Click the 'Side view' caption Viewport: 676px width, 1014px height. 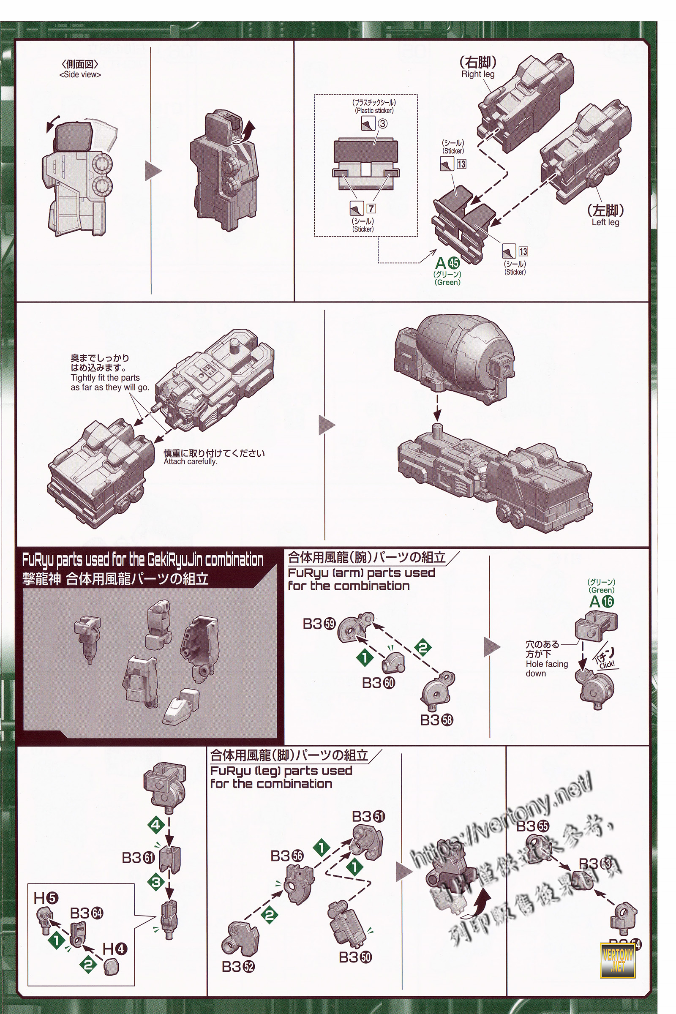point(80,75)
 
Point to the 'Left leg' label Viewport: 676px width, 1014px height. point(605,223)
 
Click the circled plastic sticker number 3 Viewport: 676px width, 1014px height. point(382,124)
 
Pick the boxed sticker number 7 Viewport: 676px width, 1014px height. point(371,209)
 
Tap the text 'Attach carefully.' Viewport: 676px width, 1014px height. point(190,462)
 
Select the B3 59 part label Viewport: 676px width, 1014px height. point(319,624)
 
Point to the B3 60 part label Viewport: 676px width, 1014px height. point(379,683)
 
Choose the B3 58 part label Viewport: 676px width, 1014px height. point(436,720)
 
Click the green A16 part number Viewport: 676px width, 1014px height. point(601,601)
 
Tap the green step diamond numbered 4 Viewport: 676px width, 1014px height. point(156,825)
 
